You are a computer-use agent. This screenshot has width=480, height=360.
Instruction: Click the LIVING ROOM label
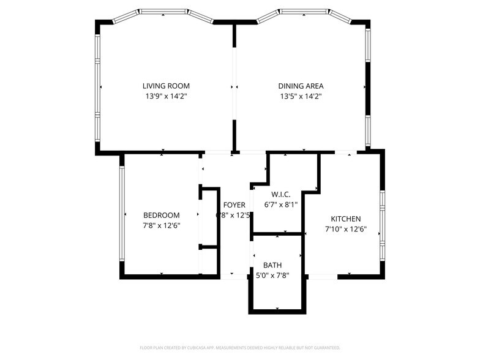tap(166, 86)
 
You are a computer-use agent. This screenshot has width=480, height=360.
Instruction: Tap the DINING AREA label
tap(301, 86)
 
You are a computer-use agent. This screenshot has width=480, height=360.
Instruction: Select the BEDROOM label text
tap(161, 215)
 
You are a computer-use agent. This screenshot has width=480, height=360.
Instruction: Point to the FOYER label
tap(234, 205)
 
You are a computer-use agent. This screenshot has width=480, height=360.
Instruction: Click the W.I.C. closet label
tap(280, 194)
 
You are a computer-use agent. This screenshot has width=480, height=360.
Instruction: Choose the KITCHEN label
tap(345, 219)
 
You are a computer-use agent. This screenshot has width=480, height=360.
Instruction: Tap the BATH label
tap(272, 265)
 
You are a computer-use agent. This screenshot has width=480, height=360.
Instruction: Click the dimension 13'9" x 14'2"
tap(166, 96)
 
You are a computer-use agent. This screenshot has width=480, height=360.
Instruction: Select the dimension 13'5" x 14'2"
tap(301, 96)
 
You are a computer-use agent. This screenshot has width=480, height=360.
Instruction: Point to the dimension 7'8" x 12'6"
tap(161, 225)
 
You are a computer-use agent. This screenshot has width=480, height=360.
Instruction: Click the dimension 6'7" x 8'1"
tap(280, 204)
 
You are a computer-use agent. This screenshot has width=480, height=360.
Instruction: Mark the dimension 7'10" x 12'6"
tap(345, 229)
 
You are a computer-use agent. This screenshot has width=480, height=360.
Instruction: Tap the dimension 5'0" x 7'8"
tap(272, 276)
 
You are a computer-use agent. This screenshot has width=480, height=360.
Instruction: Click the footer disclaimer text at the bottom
tap(239, 348)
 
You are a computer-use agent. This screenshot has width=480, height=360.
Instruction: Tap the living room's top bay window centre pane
tap(163, 12)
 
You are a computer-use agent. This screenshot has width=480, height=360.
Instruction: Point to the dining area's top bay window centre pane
tap(303, 12)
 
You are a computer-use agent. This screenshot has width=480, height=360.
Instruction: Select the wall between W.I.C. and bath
tap(277, 233)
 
